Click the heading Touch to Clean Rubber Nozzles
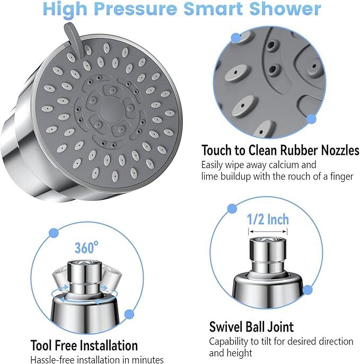(x=280, y=150)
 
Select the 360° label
(x=86, y=247)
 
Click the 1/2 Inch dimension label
(x=268, y=219)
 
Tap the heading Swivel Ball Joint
(x=251, y=326)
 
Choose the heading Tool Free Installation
(x=84, y=345)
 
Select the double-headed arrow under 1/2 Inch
(x=269, y=232)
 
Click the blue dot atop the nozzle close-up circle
(x=235, y=38)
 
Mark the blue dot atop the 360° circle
(x=53, y=233)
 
